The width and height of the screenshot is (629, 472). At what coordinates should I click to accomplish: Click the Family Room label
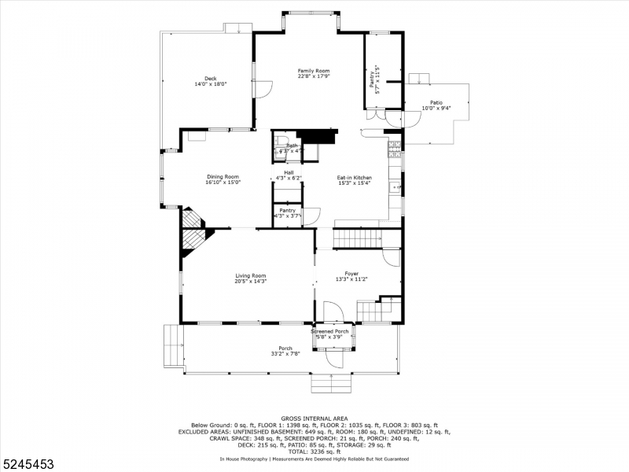point(313,71)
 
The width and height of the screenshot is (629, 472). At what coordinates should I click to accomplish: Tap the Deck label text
point(210,78)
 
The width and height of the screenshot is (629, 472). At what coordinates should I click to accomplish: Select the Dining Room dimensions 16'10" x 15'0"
point(223,183)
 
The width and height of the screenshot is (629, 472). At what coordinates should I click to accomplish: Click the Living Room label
point(251,275)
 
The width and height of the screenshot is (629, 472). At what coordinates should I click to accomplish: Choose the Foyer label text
point(351,273)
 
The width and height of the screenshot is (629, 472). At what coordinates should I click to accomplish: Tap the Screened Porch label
point(329,331)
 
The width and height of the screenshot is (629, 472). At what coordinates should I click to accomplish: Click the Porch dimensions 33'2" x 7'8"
point(285,354)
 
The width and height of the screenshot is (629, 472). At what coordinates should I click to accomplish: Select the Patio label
point(436,103)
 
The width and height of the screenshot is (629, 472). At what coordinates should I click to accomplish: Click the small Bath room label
point(292,146)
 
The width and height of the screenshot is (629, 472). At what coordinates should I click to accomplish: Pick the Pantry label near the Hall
point(288,211)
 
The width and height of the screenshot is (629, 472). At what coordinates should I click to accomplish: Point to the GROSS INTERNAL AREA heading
point(314,419)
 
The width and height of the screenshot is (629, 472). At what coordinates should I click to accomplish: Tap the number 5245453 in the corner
point(28,464)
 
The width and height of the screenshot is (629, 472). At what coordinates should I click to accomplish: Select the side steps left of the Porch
point(171,345)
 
